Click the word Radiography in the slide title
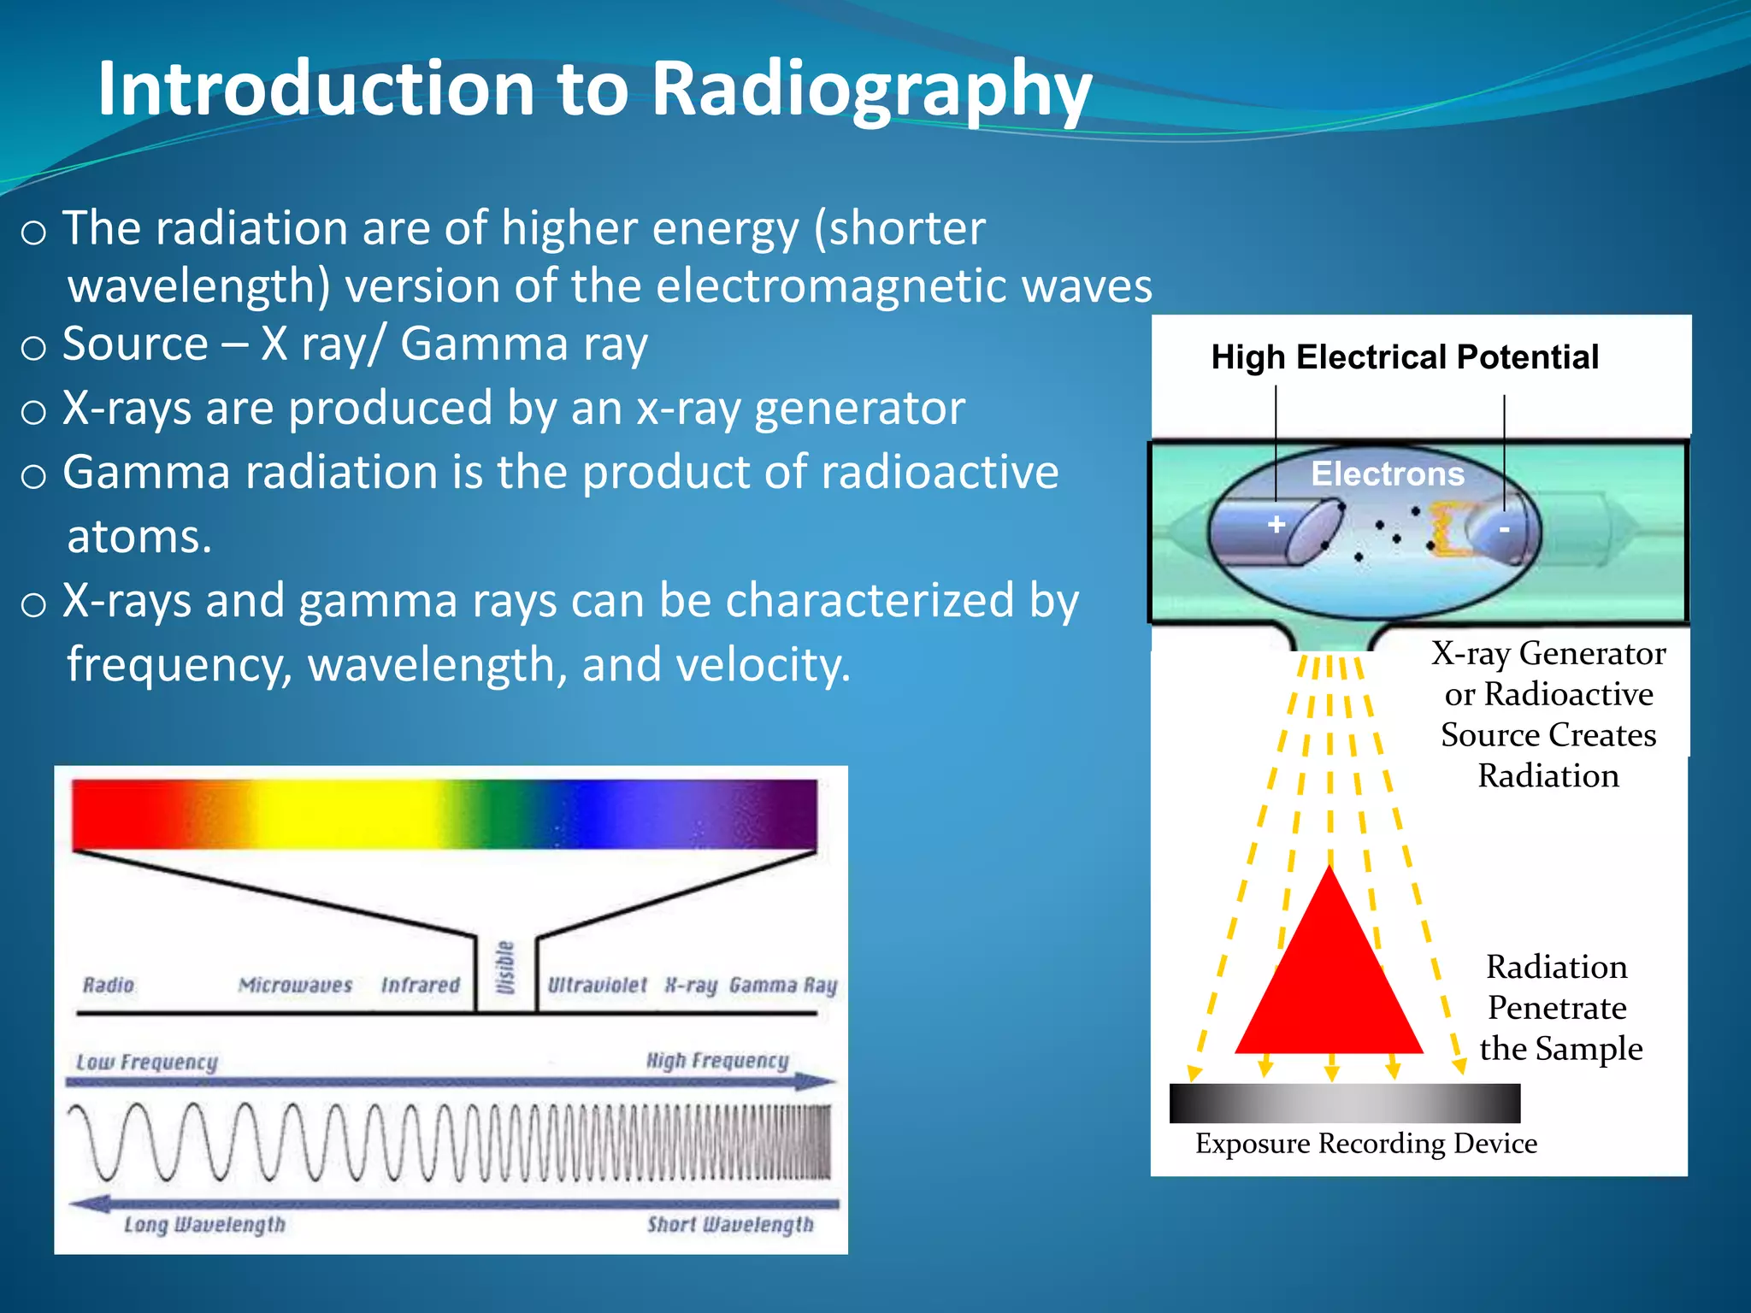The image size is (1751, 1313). [x=872, y=90]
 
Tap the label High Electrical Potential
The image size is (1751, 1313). [x=1405, y=357]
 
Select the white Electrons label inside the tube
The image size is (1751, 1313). [x=1387, y=474]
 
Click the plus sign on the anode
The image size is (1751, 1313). [x=1276, y=524]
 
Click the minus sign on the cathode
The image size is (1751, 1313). [x=1504, y=530]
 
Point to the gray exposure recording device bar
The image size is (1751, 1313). [x=1344, y=1103]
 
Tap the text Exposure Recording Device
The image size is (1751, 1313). [x=1365, y=1144]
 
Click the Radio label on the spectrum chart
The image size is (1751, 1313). [x=109, y=985]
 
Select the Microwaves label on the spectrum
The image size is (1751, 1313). [x=295, y=985]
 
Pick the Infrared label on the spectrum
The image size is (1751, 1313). [x=420, y=985]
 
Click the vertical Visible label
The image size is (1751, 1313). [x=506, y=968]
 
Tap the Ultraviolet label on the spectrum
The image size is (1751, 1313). [x=597, y=985]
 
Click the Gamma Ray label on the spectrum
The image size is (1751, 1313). [x=782, y=985]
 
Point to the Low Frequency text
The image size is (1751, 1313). [x=147, y=1062]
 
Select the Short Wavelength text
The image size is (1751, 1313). [x=729, y=1224]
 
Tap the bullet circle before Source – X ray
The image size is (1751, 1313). [x=33, y=348]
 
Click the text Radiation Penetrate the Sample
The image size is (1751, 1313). [x=1558, y=1008]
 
